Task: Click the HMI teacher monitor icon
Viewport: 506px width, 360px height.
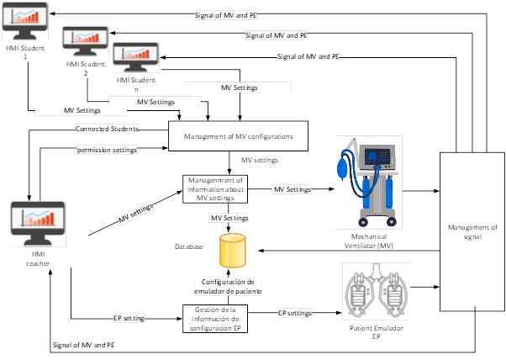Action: point(38,220)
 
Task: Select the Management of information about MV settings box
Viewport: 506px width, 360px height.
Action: point(216,188)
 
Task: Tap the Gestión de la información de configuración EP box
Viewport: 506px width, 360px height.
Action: point(215,319)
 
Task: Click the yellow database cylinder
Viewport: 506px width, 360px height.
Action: point(232,249)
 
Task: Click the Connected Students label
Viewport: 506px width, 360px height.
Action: point(107,129)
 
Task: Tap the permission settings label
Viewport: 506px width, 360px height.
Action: point(107,149)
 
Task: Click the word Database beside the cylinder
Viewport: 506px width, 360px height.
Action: point(189,247)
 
